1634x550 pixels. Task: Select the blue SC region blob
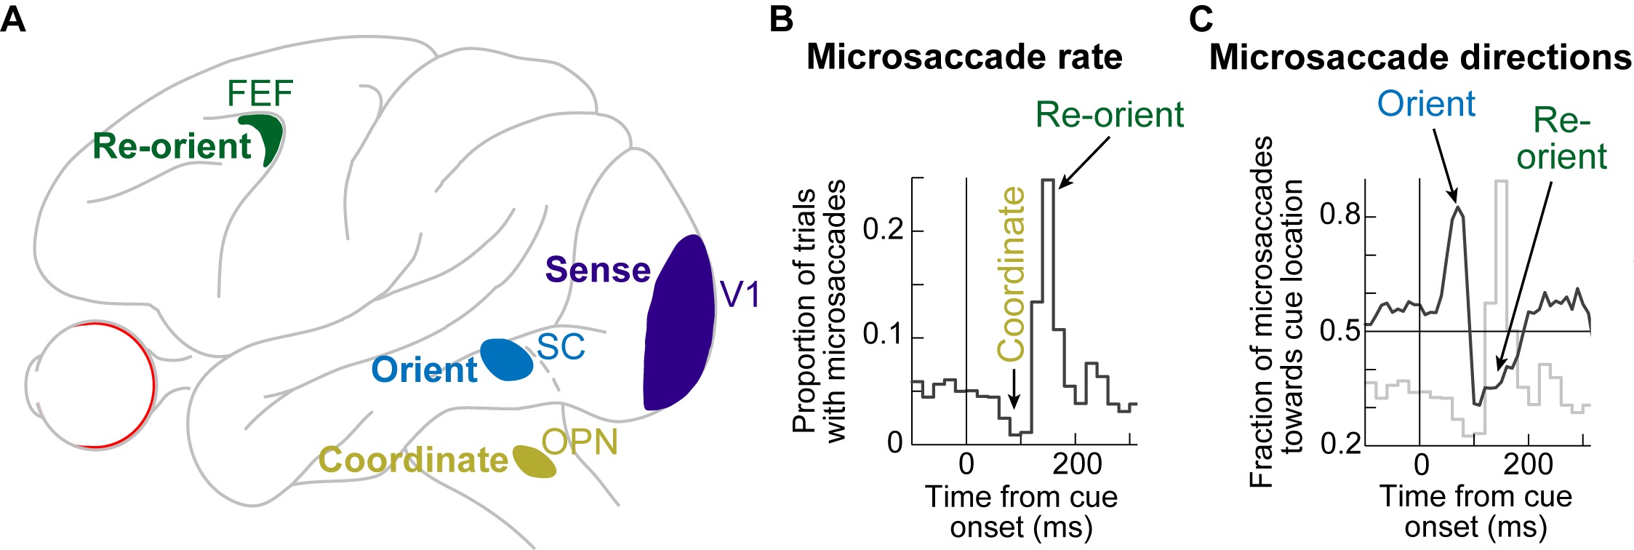point(506,360)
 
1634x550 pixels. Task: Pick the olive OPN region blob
point(534,462)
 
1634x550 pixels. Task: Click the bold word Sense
point(598,270)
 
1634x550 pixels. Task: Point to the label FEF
point(260,93)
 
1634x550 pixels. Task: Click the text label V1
point(740,295)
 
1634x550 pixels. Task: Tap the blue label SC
point(561,347)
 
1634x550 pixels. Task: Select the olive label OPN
point(580,442)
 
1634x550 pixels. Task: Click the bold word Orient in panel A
point(424,370)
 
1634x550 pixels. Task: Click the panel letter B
point(781,19)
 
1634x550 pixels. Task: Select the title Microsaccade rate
point(964,57)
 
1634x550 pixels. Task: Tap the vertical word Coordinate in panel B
point(1012,274)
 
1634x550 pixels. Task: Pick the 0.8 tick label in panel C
point(1339,216)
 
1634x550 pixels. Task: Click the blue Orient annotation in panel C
point(1426,104)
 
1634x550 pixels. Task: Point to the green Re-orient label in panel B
point(1110,115)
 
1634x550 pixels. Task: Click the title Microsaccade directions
point(1420,57)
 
